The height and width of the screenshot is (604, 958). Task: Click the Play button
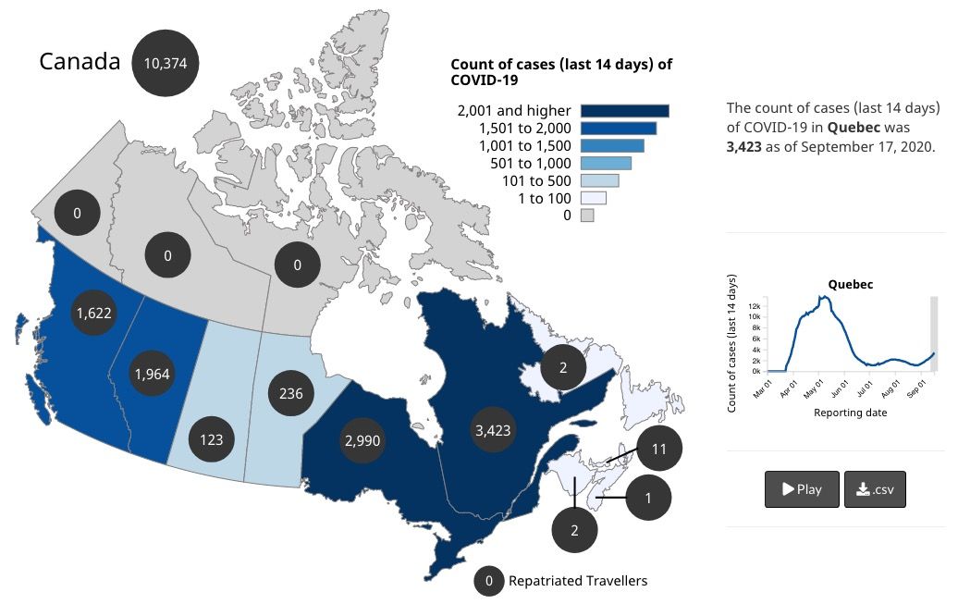[802, 489]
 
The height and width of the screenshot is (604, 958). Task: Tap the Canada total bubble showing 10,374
[166, 63]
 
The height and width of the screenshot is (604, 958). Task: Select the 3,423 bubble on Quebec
[491, 430]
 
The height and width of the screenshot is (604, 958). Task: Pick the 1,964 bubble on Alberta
[152, 374]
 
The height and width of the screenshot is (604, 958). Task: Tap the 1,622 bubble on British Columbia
[93, 313]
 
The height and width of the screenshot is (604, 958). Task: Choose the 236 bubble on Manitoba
[291, 394]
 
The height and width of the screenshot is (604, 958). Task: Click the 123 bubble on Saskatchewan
[212, 439]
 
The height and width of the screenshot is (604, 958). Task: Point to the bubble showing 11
[659, 449]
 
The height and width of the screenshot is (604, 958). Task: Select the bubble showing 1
[648, 499]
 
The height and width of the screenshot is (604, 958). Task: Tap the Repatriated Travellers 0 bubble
[489, 581]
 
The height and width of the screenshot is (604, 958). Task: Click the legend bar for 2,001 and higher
[624, 111]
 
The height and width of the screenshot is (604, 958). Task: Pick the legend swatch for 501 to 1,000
[606, 164]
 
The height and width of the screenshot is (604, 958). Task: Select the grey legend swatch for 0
[586, 216]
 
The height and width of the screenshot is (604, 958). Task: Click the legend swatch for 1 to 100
[593, 198]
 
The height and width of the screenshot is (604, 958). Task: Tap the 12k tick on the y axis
[755, 305]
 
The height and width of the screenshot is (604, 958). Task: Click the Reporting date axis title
[850, 413]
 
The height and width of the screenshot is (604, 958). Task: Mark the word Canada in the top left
[80, 62]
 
